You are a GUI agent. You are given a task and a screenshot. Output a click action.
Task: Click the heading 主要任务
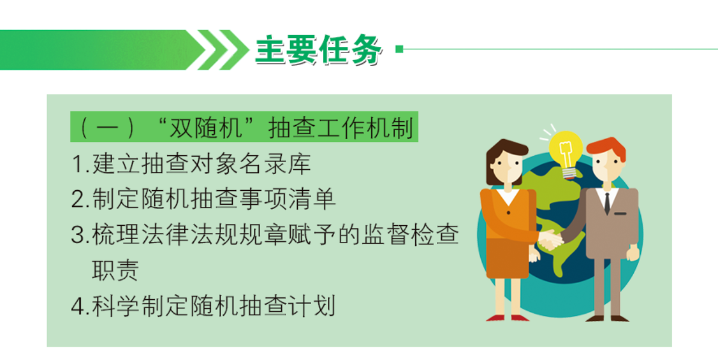318,50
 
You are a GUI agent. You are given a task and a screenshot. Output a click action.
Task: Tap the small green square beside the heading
399,49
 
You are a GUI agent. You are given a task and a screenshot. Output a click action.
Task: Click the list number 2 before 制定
79,200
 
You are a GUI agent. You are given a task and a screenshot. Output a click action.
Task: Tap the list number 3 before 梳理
79,235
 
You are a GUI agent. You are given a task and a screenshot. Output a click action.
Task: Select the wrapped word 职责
115,270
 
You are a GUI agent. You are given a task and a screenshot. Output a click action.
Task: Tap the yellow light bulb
566,153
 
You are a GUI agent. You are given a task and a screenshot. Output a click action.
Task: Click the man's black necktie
607,203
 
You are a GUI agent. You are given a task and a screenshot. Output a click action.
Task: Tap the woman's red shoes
508,318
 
